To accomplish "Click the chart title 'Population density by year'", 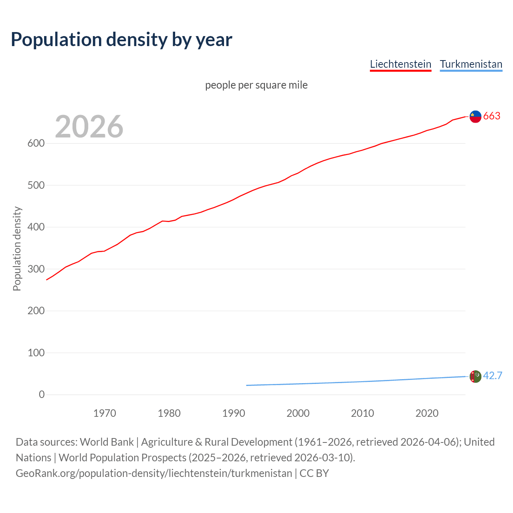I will coord(121,39).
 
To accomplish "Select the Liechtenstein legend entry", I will coord(400,64).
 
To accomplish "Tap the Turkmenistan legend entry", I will coord(471,64).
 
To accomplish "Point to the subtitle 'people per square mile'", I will coord(256,85).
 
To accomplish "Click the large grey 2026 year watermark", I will coord(89,126).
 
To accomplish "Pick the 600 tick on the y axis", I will coord(36,143).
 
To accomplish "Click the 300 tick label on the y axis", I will coord(36,269).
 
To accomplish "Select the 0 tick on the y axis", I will coord(42,394).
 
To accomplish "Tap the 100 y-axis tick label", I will coord(36,353).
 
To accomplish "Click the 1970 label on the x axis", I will coord(105,413).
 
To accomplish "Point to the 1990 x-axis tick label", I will coord(234,413).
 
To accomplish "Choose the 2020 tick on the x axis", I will coord(427,413).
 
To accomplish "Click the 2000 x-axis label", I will coord(298,413).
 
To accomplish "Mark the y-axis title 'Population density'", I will coord(17,248).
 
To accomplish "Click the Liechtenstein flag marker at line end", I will coord(475,116).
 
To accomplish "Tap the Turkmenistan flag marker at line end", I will coord(475,376).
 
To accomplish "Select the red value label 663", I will coord(492,116).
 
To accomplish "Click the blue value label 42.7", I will coord(493,376).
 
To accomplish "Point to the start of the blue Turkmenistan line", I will coord(247,385).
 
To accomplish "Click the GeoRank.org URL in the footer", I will coord(154,473).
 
